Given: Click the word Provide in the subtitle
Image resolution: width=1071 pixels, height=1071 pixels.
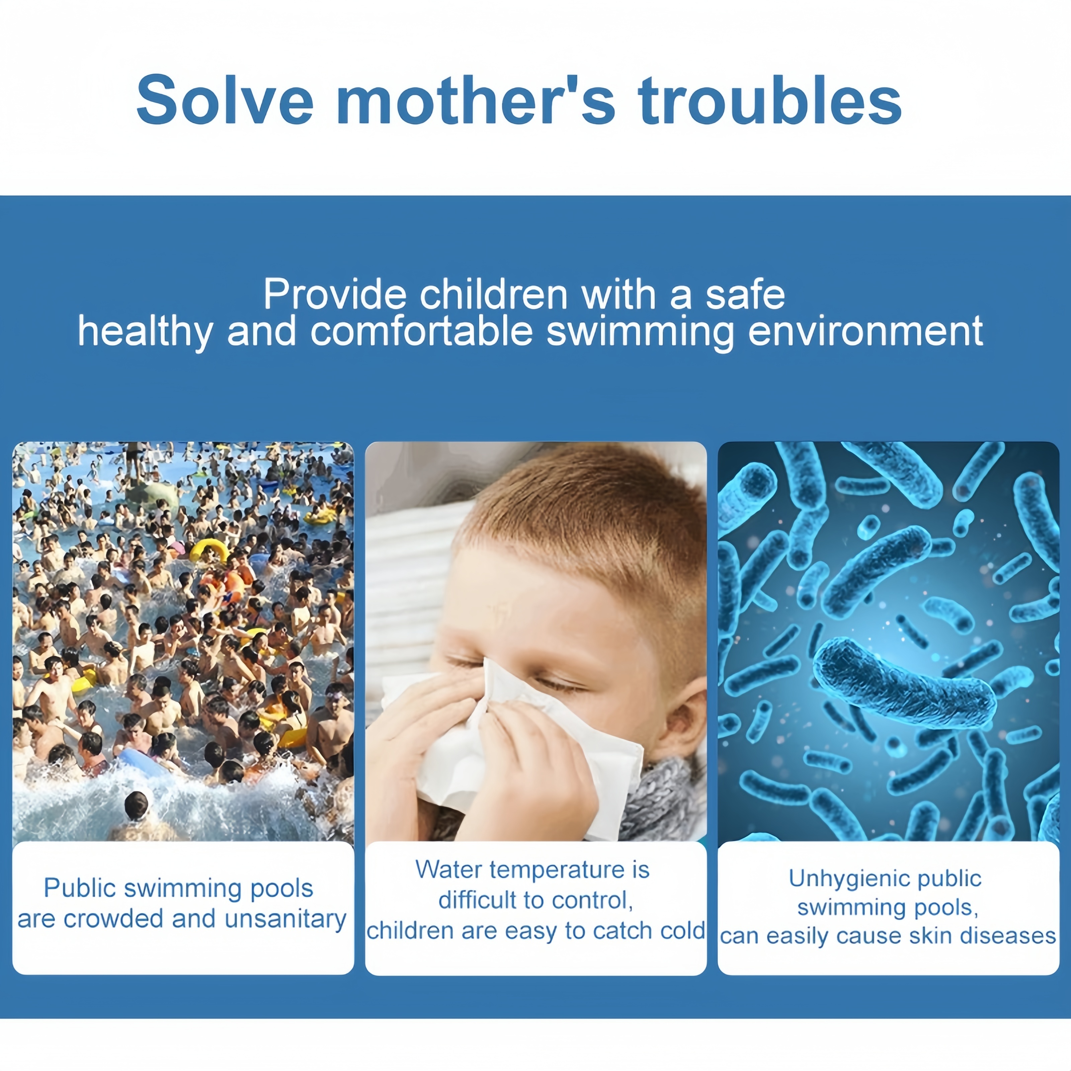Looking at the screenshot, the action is click(x=335, y=295).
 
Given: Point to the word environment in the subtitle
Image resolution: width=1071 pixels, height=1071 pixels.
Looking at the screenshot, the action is click(x=866, y=331).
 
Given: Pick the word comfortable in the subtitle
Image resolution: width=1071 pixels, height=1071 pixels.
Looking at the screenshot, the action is click(x=421, y=331).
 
